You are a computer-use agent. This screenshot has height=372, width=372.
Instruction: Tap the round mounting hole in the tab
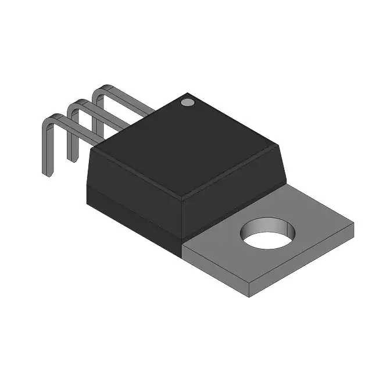click(269, 235)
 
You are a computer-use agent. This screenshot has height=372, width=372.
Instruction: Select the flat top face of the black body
click(186, 145)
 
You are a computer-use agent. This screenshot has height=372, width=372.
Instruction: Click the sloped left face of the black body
click(131, 174)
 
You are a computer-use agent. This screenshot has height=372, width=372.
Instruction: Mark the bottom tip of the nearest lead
click(47, 175)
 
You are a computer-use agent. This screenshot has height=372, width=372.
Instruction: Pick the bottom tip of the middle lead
click(71, 159)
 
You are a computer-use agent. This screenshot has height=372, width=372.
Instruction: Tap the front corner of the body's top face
click(182, 197)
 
